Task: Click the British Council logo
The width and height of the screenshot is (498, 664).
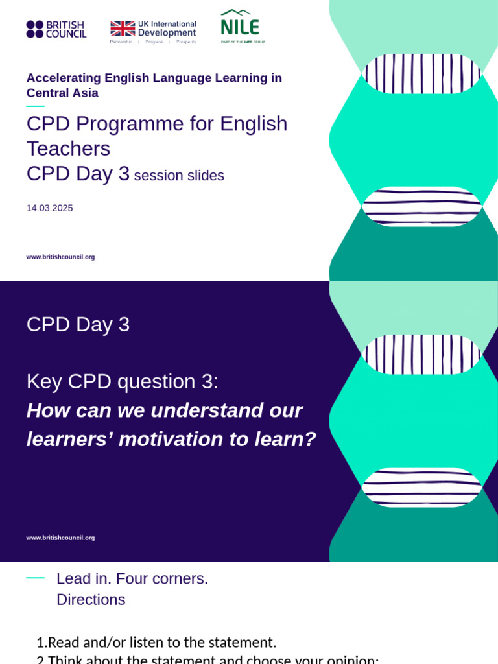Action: click(56, 29)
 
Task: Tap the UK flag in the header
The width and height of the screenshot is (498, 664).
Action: click(123, 29)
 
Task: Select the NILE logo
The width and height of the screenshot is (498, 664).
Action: click(241, 26)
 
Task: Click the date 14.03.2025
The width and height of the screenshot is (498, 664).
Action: click(49, 208)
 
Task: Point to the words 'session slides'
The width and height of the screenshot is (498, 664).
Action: click(179, 176)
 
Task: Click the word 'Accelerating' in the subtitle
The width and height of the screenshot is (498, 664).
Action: click(64, 78)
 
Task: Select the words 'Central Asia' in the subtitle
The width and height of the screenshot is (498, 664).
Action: click(62, 93)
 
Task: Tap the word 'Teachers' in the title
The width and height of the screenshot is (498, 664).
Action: click(68, 148)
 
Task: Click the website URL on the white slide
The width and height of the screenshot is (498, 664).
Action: click(60, 257)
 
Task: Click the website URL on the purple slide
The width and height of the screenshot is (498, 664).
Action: click(60, 538)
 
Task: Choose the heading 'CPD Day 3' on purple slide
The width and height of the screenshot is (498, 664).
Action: click(78, 324)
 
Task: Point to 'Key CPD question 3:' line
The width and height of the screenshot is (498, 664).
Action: click(123, 381)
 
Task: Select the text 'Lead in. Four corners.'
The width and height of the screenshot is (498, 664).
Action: click(132, 578)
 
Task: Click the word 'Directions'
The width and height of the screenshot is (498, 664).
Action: click(91, 600)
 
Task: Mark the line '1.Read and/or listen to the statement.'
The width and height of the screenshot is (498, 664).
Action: click(156, 643)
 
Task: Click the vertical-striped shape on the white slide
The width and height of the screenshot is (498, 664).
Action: click(422, 73)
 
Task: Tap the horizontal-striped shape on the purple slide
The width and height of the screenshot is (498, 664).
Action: click(422, 487)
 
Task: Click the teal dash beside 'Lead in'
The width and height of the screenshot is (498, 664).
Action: click(35, 578)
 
